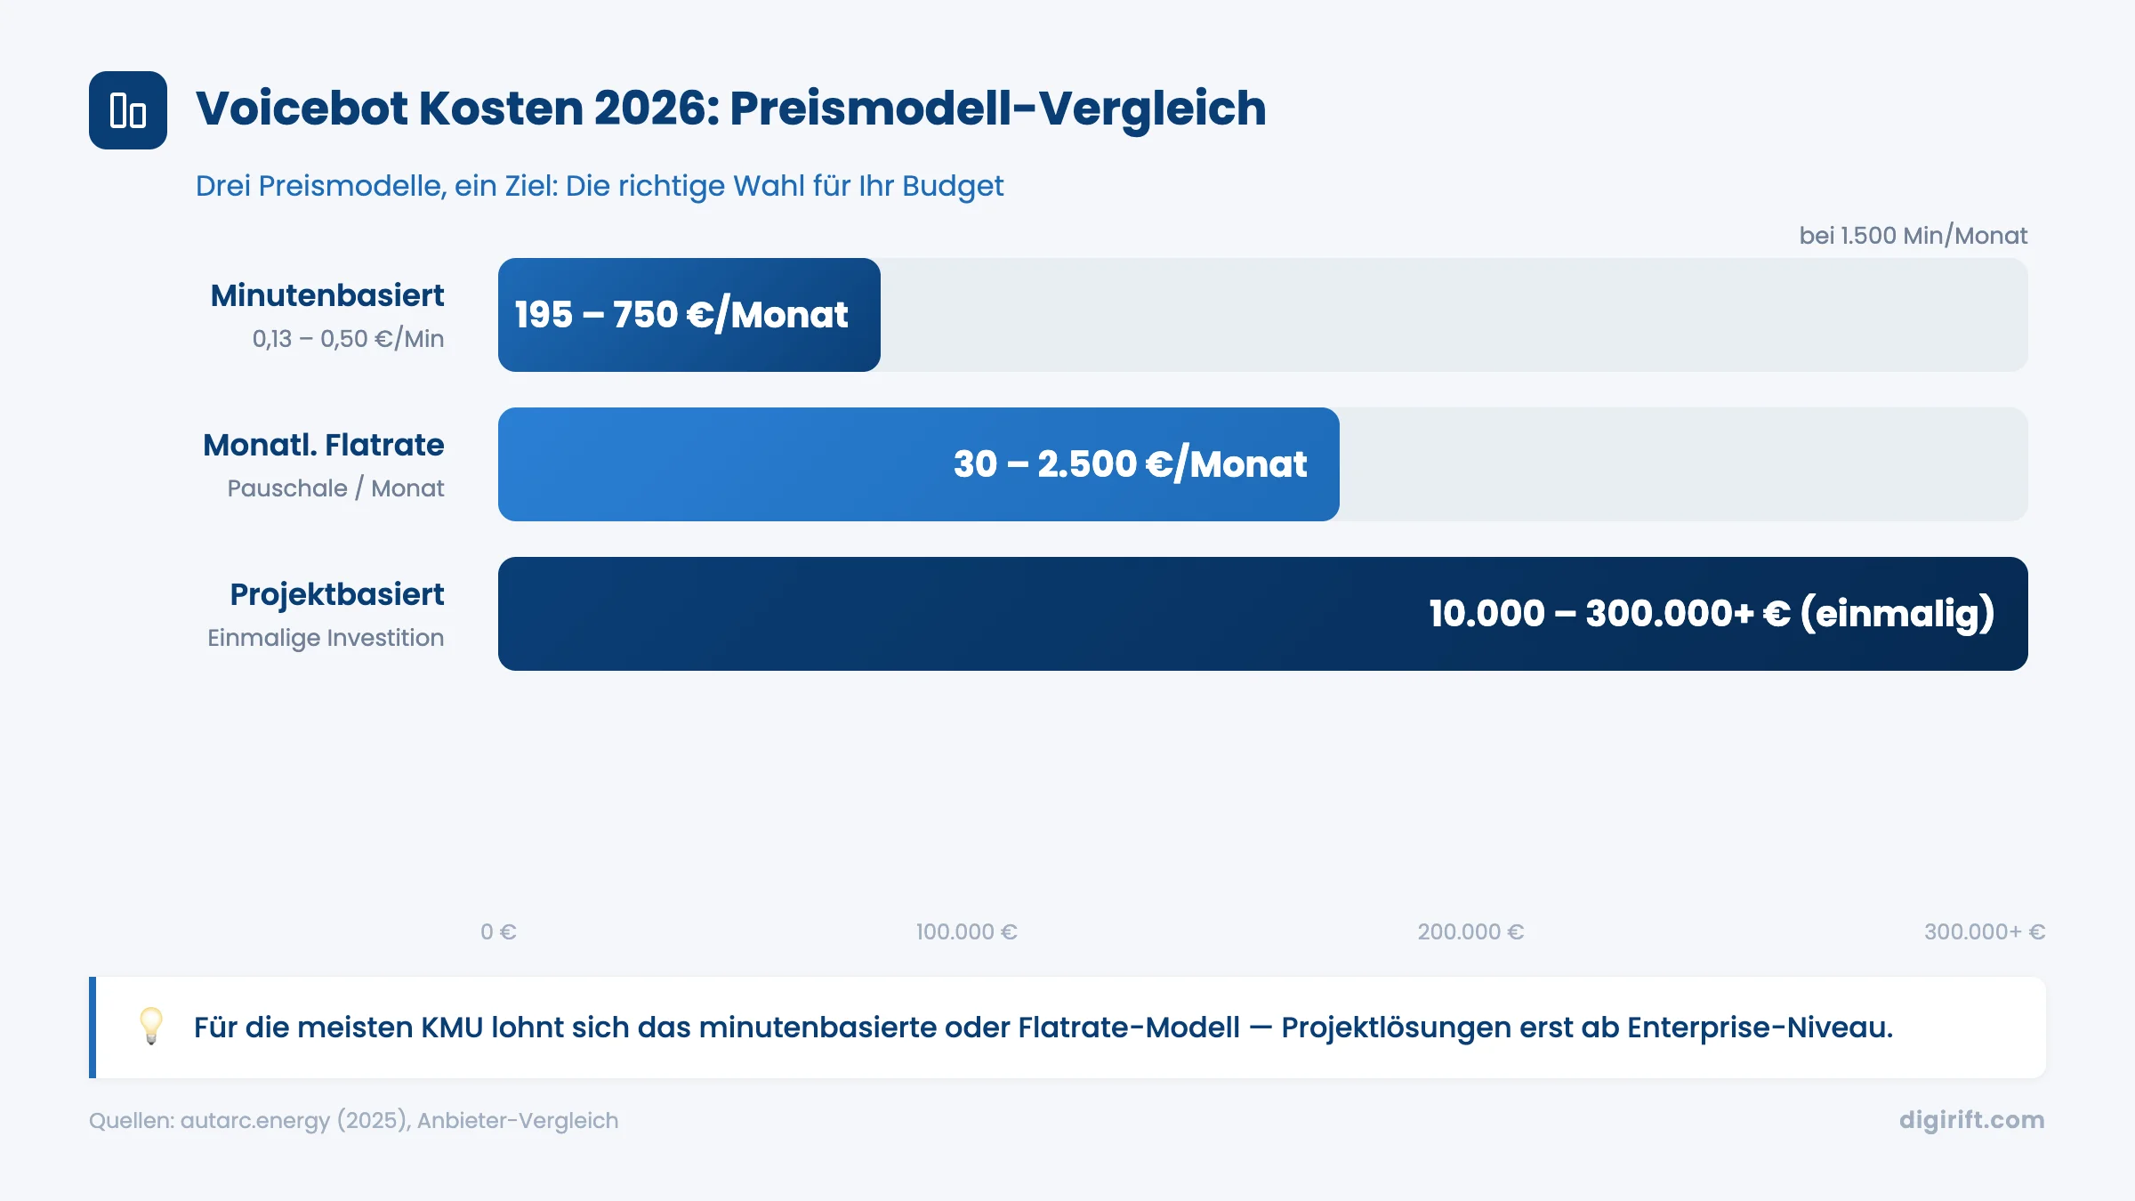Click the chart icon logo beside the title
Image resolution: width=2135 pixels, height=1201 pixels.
(x=127, y=110)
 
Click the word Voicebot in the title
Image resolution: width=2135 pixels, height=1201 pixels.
(x=301, y=109)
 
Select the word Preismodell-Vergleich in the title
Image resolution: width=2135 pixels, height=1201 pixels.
(x=997, y=109)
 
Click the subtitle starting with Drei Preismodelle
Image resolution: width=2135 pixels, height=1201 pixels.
(x=599, y=186)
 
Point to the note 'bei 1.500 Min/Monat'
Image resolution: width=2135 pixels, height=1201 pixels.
(x=1913, y=236)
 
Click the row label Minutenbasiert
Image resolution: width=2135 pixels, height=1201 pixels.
(x=327, y=295)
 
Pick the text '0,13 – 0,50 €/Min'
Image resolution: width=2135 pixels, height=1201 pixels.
(x=348, y=339)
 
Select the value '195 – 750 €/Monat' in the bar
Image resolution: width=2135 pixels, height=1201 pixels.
(x=681, y=315)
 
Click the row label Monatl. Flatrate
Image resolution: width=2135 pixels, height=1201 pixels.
(x=323, y=445)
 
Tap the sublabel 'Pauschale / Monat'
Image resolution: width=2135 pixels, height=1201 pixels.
(x=335, y=488)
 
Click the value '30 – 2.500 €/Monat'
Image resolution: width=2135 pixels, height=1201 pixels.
(x=1130, y=464)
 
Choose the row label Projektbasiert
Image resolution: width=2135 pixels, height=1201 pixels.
(x=336, y=594)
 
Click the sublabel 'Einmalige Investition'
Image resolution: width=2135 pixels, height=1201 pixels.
(x=326, y=638)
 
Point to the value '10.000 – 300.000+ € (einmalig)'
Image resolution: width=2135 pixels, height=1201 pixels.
(x=1711, y=614)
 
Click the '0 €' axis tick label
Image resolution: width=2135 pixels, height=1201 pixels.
(x=498, y=931)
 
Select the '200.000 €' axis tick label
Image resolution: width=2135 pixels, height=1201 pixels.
(x=1470, y=931)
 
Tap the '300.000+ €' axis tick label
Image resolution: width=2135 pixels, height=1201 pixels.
(x=1985, y=931)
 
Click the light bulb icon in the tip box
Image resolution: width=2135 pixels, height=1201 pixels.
(x=151, y=1026)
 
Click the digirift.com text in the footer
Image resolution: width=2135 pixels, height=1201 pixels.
(x=1971, y=1120)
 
